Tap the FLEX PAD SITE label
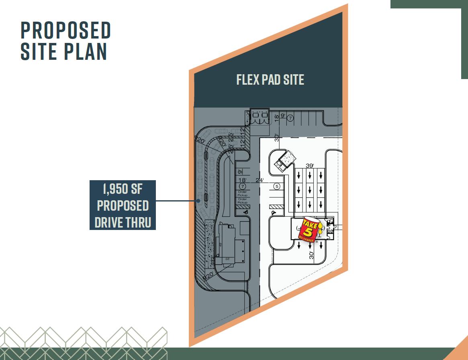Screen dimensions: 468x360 click(x=270, y=80)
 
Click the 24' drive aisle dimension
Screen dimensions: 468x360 click(x=260, y=180)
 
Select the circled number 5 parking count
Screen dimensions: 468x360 click(x=276, y=186)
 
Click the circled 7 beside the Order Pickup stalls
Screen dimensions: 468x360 click(x=242, y=187)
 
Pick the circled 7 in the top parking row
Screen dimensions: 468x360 click(x=290, y=118)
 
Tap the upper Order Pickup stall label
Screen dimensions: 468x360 click(x=242, y=193)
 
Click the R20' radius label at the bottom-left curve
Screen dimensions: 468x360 click(x=209, y=276)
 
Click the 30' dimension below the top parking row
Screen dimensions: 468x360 click(x=276, y=138)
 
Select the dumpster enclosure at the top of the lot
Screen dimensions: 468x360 click(x=260, y=116)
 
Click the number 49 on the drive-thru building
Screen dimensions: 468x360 click(x=221, y=244)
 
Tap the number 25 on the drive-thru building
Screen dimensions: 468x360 click(x=227, y=259)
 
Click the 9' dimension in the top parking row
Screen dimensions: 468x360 click(x=283, y=116)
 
